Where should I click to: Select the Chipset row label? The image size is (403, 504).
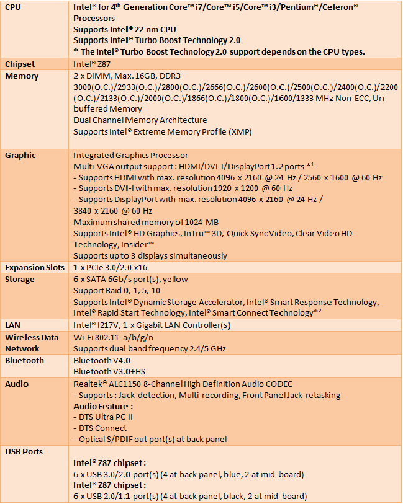[20, 64]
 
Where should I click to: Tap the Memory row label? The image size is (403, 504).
[22, 76]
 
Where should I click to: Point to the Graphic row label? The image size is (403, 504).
[20, 155]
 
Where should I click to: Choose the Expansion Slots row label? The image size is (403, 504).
[35, 267]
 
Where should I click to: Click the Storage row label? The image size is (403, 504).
[20, 279]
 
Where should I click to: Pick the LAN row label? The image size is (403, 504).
[13, 325]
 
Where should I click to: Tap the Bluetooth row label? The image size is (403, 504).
[24, 360]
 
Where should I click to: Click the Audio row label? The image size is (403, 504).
[17, 384]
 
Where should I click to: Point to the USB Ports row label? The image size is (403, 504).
[24, 451]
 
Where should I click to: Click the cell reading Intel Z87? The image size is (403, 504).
[93, 64]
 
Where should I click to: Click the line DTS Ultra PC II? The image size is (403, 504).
[102, 417]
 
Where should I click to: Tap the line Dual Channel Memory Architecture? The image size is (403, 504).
[140, 120]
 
